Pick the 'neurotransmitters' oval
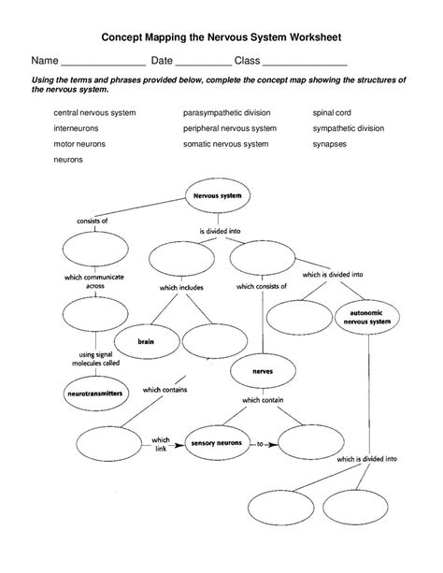(96, 394)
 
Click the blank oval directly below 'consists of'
(87, 250)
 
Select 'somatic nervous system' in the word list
(226, 144)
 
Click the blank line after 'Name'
(103, 60)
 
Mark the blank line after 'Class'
(305, 60)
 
